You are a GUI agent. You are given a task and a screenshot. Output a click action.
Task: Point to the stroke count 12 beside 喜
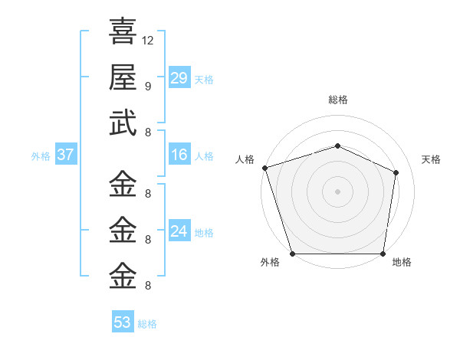[148, 40]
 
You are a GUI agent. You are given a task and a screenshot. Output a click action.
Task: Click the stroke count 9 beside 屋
[147, 86]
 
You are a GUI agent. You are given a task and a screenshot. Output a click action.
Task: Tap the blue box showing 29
[179, 78]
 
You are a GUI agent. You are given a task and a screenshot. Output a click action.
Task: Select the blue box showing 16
[179, 155]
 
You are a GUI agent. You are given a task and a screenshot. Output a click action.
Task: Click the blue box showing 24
[179, 231]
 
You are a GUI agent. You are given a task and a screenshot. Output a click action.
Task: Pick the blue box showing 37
[66, 155]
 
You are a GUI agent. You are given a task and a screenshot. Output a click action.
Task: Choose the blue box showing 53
[123, 322]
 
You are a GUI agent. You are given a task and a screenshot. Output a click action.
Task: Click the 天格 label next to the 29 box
[204, 80]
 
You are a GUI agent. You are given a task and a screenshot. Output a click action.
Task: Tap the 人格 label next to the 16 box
[204, 156]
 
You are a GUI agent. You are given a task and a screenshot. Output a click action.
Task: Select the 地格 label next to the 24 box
[204, 233]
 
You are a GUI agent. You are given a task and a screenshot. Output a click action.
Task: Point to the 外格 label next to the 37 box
[41, 156]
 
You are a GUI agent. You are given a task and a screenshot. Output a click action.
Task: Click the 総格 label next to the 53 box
[147, 324]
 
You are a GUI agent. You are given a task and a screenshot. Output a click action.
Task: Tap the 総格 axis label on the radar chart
[337, 100]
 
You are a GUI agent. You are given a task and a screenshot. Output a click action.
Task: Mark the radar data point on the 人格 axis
[264, 168]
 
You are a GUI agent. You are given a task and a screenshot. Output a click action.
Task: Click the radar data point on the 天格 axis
[396, 172]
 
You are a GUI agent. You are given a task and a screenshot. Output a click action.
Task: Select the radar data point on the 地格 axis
[383, 254]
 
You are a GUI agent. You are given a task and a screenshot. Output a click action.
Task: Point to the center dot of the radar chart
[337, 191]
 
